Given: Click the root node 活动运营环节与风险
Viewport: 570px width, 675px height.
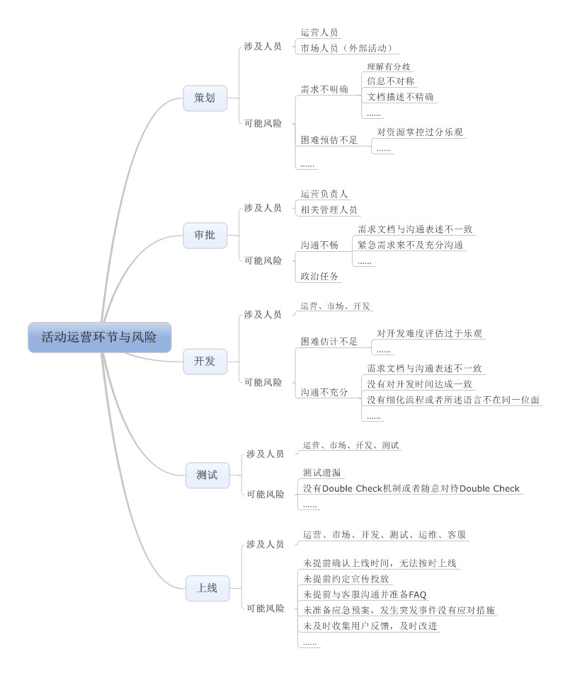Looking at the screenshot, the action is (100, 337).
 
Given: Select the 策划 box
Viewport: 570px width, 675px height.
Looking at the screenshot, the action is (205, 98).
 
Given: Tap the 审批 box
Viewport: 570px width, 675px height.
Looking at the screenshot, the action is (205, 235).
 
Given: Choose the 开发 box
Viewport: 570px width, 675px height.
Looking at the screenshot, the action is (205, 361).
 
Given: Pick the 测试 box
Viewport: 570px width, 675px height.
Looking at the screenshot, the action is (207, 475).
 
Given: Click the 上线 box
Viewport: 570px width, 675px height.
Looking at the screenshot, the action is (207, 588).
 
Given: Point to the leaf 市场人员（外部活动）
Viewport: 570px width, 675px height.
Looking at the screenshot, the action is (346, 48).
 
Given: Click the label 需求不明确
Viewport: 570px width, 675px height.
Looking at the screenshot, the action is (324, 90).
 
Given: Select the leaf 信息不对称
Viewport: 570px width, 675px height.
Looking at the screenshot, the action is (391, 81).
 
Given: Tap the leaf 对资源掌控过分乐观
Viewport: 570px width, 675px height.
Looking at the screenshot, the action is (420, 132).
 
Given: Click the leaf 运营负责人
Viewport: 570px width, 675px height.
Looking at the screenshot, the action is (324, 194).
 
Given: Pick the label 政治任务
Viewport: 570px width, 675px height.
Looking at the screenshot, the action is (319, 277).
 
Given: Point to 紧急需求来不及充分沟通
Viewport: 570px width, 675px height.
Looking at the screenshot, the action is (410, 245).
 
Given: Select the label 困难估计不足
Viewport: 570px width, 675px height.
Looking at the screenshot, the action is (329, 342).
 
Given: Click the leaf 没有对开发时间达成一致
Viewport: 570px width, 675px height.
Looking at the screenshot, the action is (420, 384).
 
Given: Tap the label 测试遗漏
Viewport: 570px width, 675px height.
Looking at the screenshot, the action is (322, 473).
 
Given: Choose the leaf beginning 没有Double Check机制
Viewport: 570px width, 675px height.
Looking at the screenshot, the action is (411, 489).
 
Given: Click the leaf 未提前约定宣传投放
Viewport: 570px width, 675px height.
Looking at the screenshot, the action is (346, 579).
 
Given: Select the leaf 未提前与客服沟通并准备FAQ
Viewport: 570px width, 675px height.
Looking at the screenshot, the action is (365, 594).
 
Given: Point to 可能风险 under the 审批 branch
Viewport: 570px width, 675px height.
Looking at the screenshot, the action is (263, 260).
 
